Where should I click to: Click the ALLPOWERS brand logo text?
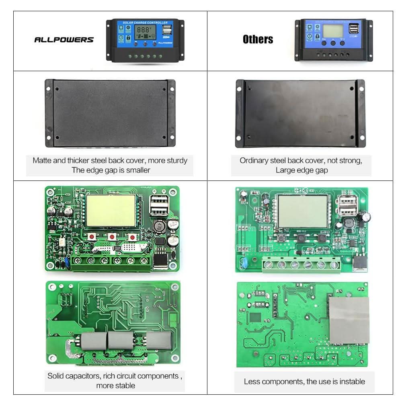coord(64,40)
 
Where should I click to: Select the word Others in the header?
coord(258,39)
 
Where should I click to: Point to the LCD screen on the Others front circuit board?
coord(303,211)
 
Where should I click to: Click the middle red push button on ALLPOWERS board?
coord(112,237)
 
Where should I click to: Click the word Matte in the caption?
coord(42,160)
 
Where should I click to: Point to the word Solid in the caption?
coord(56,376)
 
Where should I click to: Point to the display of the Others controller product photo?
coord(334,31)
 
